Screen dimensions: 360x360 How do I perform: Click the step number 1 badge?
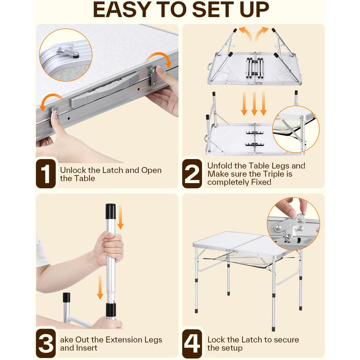[x=46, y=174]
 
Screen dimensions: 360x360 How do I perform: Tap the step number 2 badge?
[x=192, y=174]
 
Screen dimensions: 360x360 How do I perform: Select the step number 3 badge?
[x=46, y=343]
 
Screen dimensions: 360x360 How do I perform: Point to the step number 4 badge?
[x=192, y=343]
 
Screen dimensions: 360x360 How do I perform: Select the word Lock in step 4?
[x=217, y=339]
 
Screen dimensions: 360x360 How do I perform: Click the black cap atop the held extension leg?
[x=111, y=212]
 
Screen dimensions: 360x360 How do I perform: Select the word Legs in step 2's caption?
[x=281, y=166]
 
